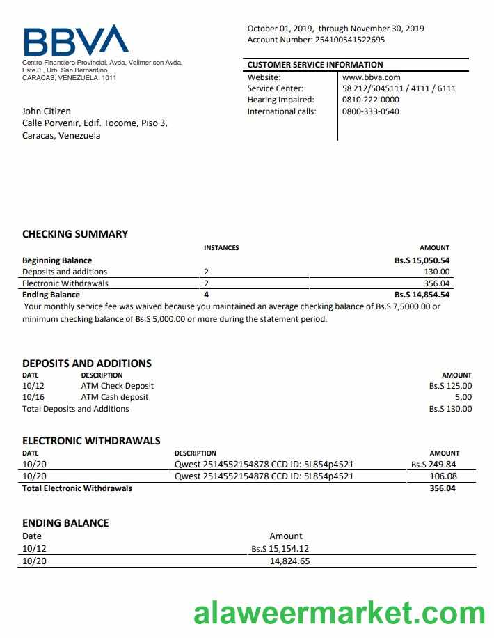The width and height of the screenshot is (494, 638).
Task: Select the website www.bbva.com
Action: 372,77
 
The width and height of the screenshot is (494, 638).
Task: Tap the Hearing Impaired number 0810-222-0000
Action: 371,100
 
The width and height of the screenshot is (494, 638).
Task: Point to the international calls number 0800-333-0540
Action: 371,111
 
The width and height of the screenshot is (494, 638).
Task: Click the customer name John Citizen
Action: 47,111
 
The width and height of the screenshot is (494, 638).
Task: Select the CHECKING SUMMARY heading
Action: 75,234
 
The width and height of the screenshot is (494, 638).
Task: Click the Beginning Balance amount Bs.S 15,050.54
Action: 422,260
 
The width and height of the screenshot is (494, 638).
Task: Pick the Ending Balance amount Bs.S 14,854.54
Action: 422,295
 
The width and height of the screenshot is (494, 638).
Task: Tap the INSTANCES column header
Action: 221,248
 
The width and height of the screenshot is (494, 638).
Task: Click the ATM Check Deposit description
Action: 118,386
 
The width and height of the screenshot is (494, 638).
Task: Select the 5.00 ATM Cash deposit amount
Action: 463,397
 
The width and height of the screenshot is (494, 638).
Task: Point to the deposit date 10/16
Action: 33,397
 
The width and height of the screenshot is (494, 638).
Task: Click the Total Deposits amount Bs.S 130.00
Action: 450,409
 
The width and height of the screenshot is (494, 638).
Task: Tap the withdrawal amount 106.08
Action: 443,476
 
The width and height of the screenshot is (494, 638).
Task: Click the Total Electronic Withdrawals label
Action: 77,488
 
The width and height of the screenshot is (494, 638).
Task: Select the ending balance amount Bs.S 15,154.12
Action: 280,549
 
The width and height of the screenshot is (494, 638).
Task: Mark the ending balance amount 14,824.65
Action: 289,561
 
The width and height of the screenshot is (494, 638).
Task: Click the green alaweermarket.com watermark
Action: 339,613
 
